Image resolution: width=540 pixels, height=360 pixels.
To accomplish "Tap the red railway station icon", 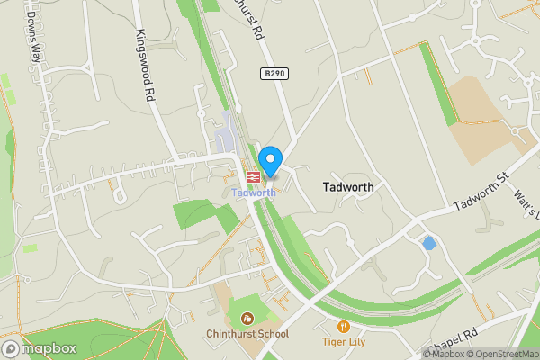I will (x=252, y=177).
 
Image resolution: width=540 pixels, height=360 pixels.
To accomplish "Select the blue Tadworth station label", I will (x=253, y=193).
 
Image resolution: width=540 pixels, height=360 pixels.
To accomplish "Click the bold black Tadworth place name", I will (x=347, y=186).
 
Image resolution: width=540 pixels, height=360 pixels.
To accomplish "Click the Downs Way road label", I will (x=36, y=37).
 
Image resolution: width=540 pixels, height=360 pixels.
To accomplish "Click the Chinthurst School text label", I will (x=252, y=334).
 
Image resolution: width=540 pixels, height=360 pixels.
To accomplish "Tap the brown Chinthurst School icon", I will (x=247, y=317).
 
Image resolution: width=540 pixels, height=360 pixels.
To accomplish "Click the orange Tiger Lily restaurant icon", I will (x=343, y=326).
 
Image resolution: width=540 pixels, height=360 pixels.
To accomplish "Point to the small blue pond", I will (x=429, y=243).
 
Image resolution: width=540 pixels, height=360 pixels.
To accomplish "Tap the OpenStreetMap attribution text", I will (x=499, y=354).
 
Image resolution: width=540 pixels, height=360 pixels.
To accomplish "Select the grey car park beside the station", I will (x=225, y=137).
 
